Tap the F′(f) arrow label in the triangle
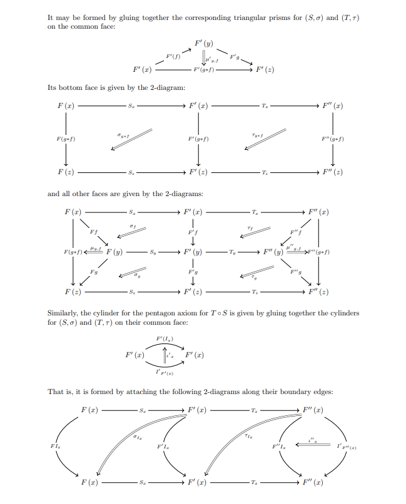click(x=173, y=57)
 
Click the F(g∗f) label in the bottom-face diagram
click(x=66, y=139)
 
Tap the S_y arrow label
click(x=153, y=252)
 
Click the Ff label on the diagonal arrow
click(x=94, y=232)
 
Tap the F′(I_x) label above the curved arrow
click(x=165, y=338)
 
